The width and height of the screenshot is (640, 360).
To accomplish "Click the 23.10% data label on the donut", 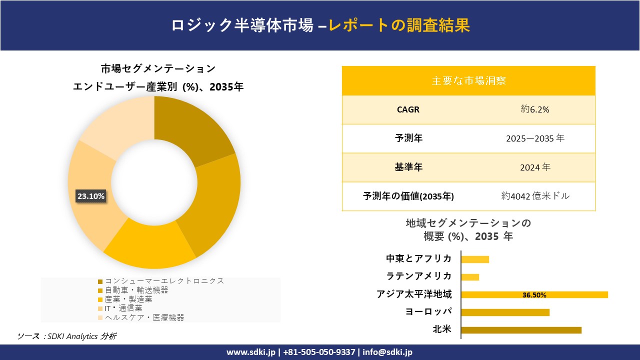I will (x=90, y=196).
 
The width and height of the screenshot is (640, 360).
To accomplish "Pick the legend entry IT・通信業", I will (x=129, y=308).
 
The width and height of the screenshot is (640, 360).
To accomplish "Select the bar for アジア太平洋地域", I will (x=534, y=294).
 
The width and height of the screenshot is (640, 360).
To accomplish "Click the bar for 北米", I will (x=521, y=330).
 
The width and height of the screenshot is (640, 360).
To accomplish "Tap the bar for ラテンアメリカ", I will (x=470, y=277).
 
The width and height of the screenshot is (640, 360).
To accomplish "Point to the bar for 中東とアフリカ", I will (x=475, y=259).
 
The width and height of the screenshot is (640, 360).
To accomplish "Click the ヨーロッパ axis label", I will (x=428, y=312).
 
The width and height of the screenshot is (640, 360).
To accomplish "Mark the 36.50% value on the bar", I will (x=534, y=295).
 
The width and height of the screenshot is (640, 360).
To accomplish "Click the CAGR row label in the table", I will (x=408, y=109).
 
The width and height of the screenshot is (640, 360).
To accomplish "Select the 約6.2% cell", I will (x=534, y=109).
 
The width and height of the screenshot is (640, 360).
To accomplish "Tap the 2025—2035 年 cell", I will (x=534, y=138).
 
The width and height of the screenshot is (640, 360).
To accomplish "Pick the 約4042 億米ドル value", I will (x=534, y=196).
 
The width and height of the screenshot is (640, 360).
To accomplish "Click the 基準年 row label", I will (x=408, y=167).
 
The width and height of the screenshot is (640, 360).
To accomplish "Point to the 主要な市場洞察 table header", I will (x=468, y=80).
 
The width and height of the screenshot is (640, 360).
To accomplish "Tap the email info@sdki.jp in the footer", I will (x=387, y=352).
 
